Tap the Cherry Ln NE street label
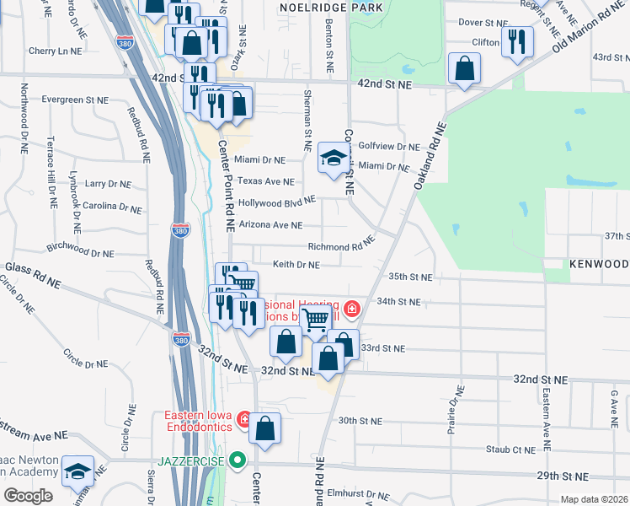point(54,51)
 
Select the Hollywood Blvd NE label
point(276,202)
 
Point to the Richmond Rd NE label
point(341,247)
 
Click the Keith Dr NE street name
point(296,265)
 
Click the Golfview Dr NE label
point(389,146)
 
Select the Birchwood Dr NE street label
point(80,250)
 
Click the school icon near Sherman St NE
point(334,159)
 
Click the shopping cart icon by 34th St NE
point(315,319)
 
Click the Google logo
point(28,496)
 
